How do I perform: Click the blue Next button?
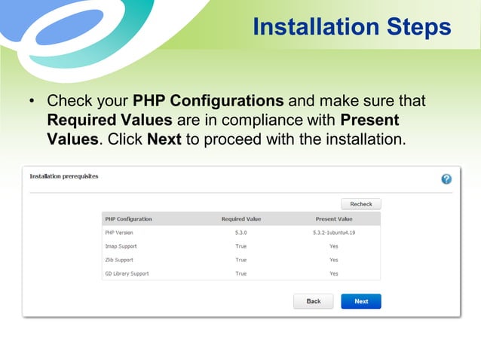pyautogui.click(x=361, y=301)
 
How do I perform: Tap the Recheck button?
pyautogui.click(x=361, y=204)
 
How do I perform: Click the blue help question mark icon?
pyautogui.click(x=446, y=179)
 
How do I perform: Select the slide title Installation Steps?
pyautogui.click(x=352, y=27)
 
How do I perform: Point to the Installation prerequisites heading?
pyautogui.click(x=64, y=176)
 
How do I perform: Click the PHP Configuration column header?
pyautogui.click(x=128, y=219)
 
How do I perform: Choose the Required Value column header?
pyautogui.click(x=241, y=219)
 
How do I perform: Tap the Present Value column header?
pyautogui.click(x=333, y=219)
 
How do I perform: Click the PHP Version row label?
pyautogui.click(x=119, y=233)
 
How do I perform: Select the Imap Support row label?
pyautogui.click(x=121, y=246)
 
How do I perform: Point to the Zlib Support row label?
pyautogui.click(x=119, y=260)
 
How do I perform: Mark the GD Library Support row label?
pyautogui.click(x=127, y=273)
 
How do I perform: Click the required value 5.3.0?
pyautogui.click(x=241, y=233)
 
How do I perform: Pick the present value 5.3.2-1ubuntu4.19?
pyautogui.click(x=333, y=233)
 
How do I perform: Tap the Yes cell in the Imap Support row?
pyautogui.click(x=333, y=246)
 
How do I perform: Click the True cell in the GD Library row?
pyautogui.click(x=241, y=273)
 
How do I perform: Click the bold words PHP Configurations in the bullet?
pyautogui.click(x=208, y=101)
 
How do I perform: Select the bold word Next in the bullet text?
pyautogui.click(x=164, y=139)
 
